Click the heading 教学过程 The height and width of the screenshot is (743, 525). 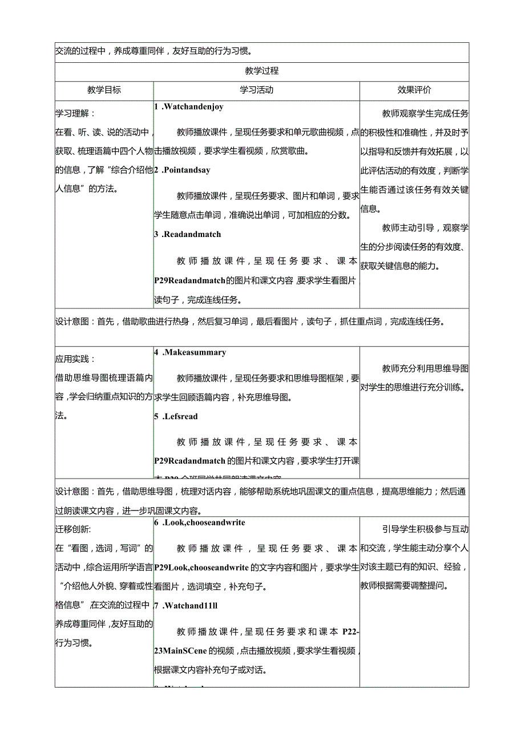tap(261, 71)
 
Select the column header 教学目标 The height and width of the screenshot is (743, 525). tap(104, 90)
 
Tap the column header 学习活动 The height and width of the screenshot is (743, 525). tap(257, 90)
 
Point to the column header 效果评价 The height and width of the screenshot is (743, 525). tap(414, 90)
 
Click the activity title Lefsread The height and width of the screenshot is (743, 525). tap(181, 416)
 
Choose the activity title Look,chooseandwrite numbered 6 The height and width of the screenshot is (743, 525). tap(204, 522)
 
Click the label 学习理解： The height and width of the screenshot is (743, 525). tap(75, 114)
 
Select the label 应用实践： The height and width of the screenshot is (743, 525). tap(75, 359)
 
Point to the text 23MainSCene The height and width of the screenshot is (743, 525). tap(180, 650)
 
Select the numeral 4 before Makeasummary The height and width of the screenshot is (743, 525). tap(156, 352)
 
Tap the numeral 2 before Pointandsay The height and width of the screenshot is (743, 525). tap(156, 170)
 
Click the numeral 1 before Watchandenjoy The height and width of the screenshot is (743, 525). tap(156, 107)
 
